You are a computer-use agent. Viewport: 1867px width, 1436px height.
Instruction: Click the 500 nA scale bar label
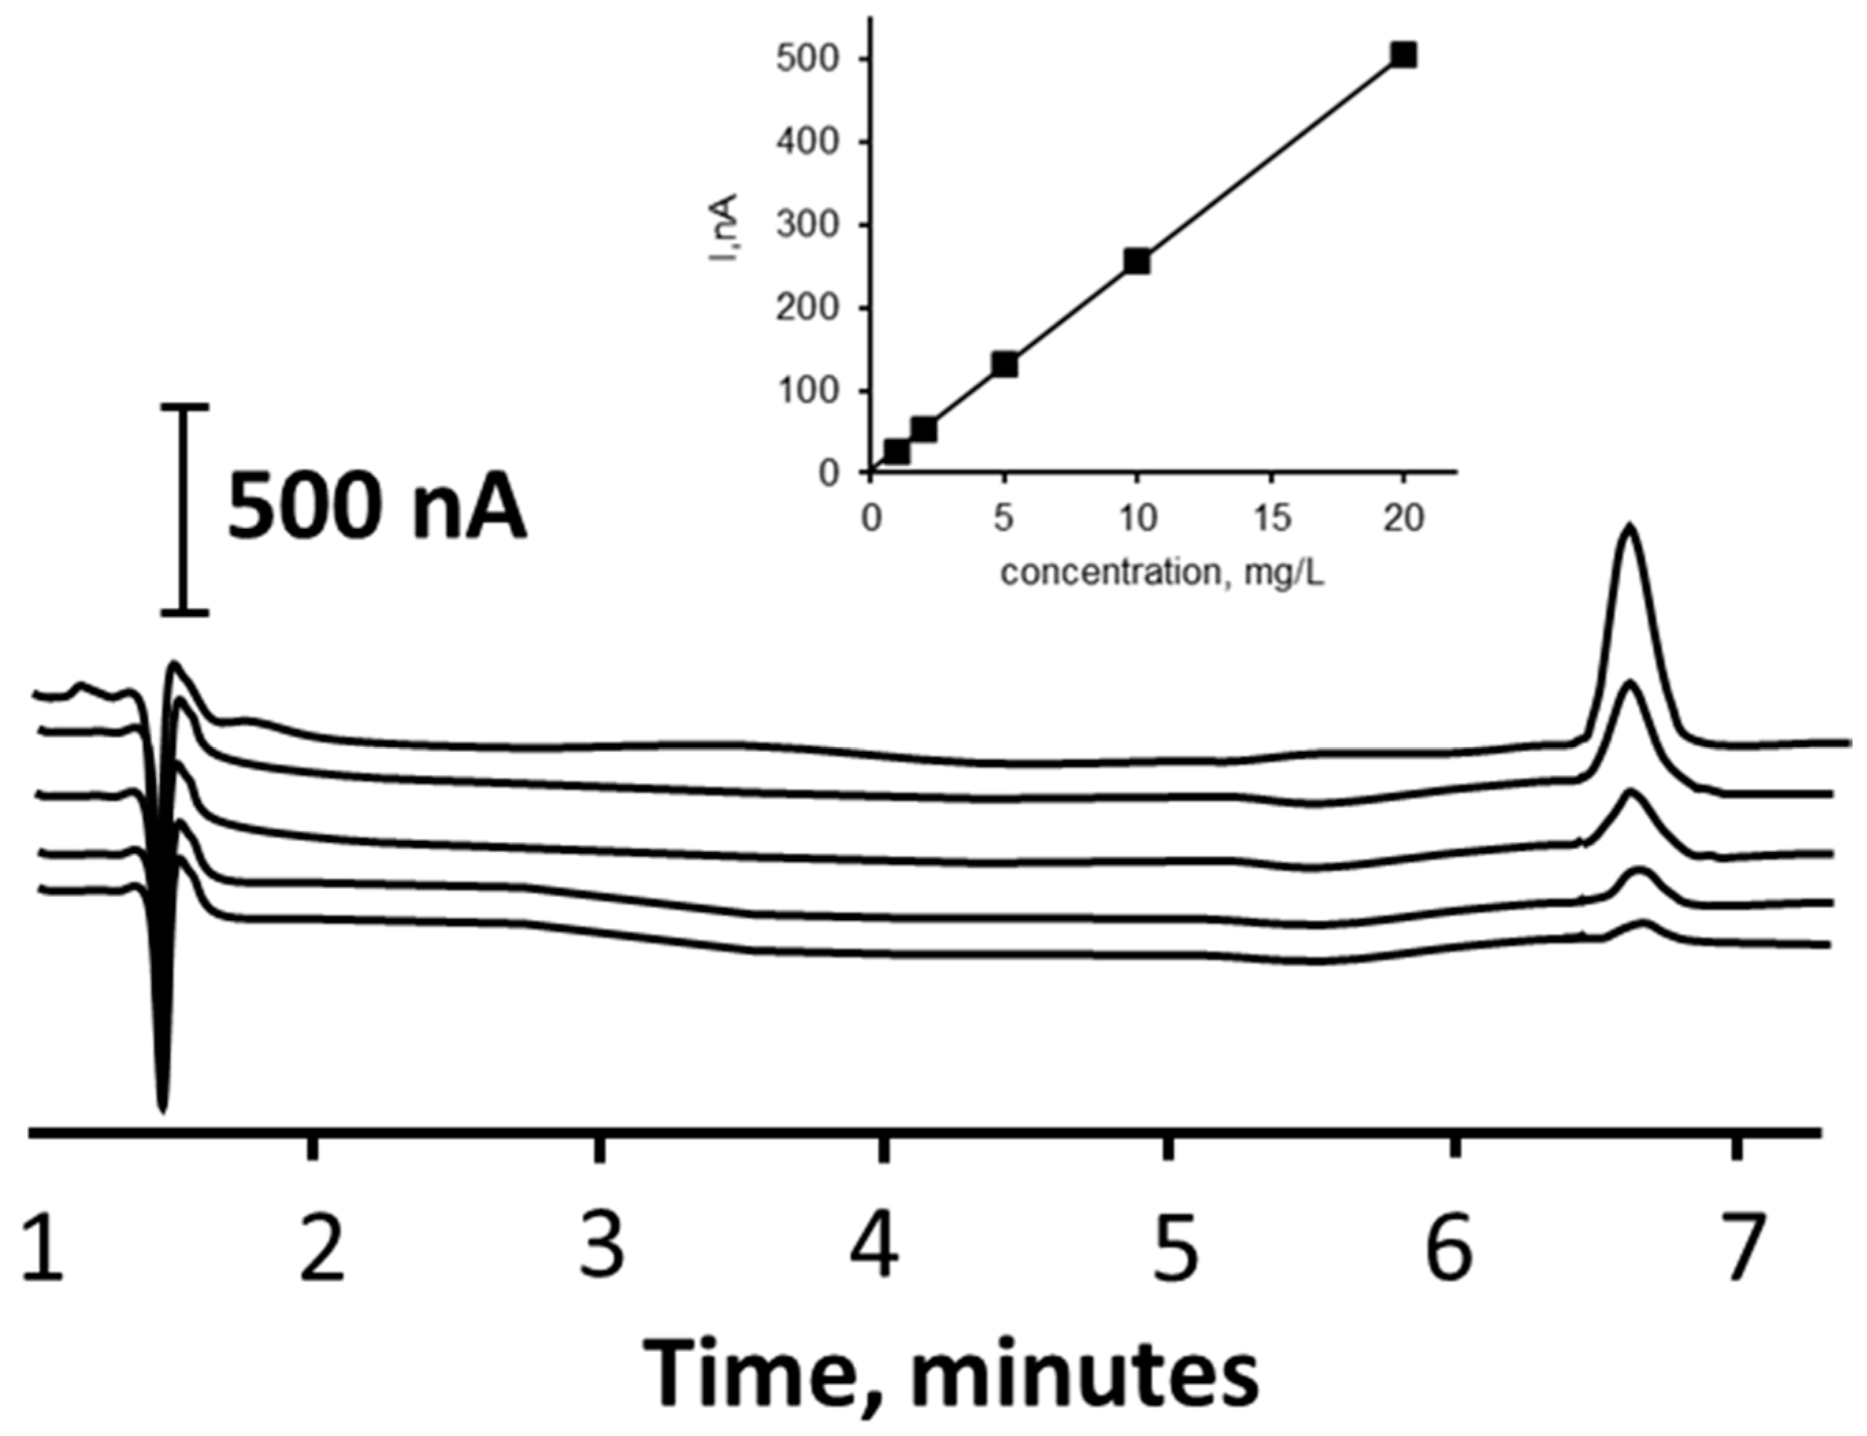[x=376, y=511]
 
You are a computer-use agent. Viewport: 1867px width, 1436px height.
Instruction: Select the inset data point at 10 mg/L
[x=1137, y=261]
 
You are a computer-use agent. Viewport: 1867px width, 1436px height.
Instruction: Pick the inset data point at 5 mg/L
[x=1005, y=364]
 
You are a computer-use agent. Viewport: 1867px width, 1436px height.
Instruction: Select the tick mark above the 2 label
[x=313, y=1147]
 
